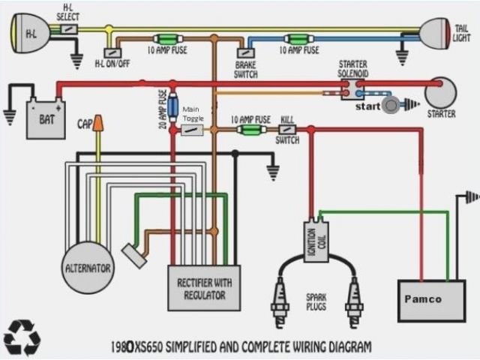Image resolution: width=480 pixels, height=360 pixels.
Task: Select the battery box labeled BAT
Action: pyautogui.click(x=45, y=118)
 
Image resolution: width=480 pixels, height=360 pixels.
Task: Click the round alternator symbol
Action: pyautogui.click(x=88, y=267)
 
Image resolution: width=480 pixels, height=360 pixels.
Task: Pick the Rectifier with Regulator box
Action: pyautogui.click(x=204, y=288)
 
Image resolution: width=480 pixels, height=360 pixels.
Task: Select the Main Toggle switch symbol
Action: pyautogui.click(x=193, y=130)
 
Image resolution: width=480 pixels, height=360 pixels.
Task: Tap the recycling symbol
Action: pyautogui.click(x=22, y=337)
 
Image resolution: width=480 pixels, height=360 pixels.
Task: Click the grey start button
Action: pyautogui.click(x=390, y=106)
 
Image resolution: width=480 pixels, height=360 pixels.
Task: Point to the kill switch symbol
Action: pyautogui.click(x=288, y=130)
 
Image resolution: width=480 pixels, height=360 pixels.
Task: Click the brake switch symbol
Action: pyautogui.click(x=245, y=52)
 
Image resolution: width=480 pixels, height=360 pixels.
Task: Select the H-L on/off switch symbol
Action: pyautogui.click(x=112, y=52)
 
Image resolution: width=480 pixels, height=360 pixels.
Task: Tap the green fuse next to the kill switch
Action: pyautogui.click(x=250, y=130)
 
